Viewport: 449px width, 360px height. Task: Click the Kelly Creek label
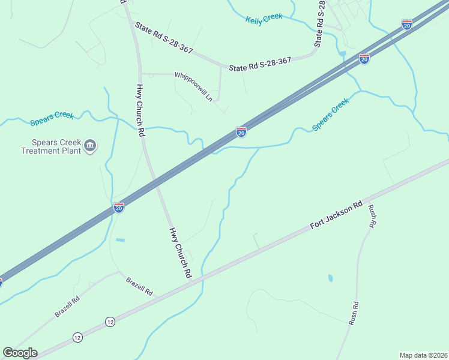pyautogui.click(x=264, y=18)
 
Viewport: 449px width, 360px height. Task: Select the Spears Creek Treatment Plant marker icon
pyautogui.click(x=91, y=145)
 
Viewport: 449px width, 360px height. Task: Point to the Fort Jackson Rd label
pyautogui.click(x=337, y=214)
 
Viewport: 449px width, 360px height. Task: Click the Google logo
pyautogui.click(x=20, y=352)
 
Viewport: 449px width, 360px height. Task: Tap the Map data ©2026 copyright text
pyautogui.click(x=423, y=355)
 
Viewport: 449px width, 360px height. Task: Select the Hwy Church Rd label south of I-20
pyautogui.click(x=180, y=252)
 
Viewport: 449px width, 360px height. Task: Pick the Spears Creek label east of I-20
pyautogui.click(x=330, y=115)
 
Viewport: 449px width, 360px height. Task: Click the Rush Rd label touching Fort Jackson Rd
pyautogui.click(x=372, y=216)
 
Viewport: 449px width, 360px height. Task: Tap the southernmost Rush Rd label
pyautogui.click(x=354, y=313)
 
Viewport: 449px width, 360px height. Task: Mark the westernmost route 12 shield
pyautogui.click(x=77, y=338)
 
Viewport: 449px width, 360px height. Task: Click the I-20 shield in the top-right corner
pyautogui.click(x=407, y=25)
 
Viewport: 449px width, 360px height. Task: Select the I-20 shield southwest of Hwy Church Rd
pyautogui.click(x=119, y=208)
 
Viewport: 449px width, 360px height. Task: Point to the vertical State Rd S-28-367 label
pyautogui.click(x=319, y=24)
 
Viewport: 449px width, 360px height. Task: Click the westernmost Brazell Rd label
pyautogui.click(x=67, y=306)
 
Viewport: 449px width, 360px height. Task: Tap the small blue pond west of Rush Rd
pyautogui.click(x=330, y=278)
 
